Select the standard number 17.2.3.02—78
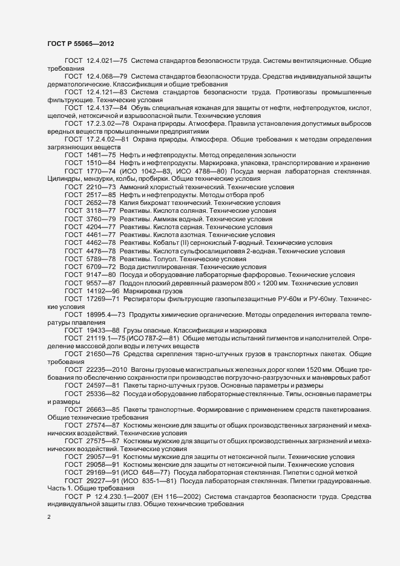108,123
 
